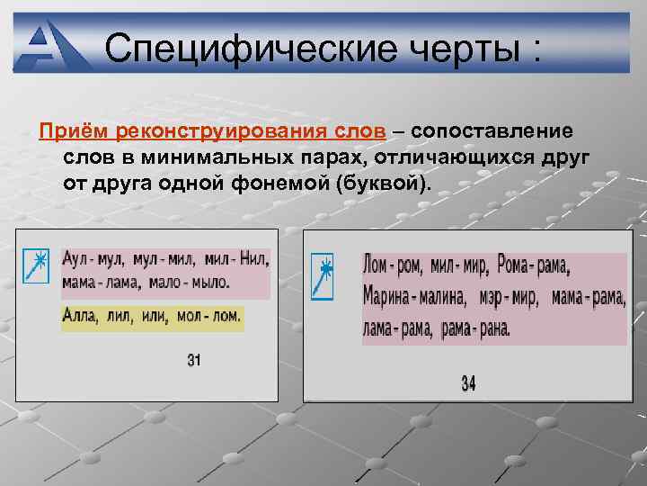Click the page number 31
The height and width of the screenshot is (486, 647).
point(194,361)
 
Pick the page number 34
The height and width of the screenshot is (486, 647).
point(468,383)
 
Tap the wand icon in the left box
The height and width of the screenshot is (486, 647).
point(35,265)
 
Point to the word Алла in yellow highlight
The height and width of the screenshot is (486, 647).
point(79,318)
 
